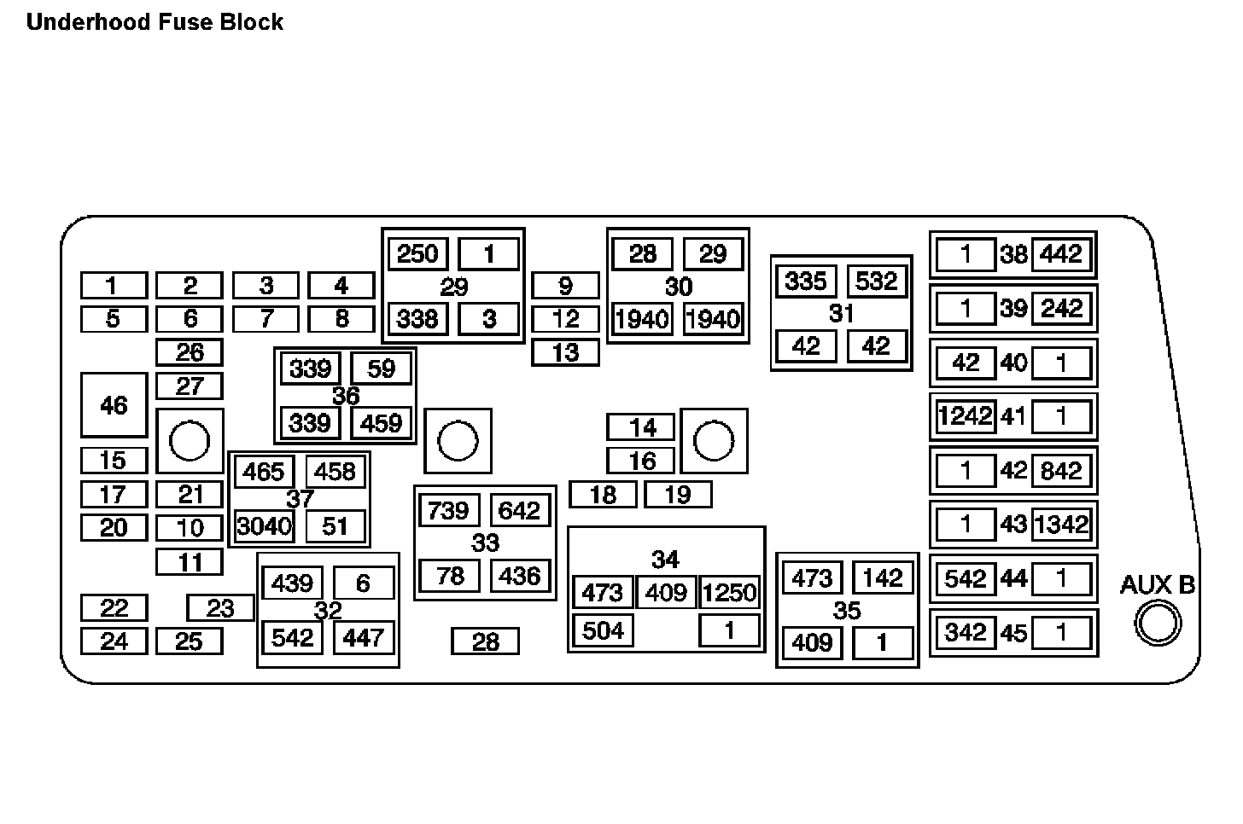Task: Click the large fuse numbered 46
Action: pos(114,405)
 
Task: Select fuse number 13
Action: pos(565,352)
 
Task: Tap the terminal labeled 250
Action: pos(417,253)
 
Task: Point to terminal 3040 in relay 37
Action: pos(264,526)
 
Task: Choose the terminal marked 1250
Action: pos(729,592)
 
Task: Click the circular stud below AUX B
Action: pos(1158,623)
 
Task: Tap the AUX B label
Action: pos(1157,585)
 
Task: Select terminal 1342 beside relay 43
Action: pos(1061,524)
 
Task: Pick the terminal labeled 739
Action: pos(448,511)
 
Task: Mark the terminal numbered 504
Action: pos(603,630)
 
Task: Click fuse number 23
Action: pos(220,608)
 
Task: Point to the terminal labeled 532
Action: pos(877,281)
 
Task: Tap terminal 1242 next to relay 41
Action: pos(966,416)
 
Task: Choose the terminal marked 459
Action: pos(382,423)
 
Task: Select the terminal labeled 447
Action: pos(364,637)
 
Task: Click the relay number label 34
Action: pos(665,560)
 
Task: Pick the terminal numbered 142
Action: pos(883,578)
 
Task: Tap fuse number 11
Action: pos(190,562)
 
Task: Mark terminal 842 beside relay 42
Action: pos(1061,471)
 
